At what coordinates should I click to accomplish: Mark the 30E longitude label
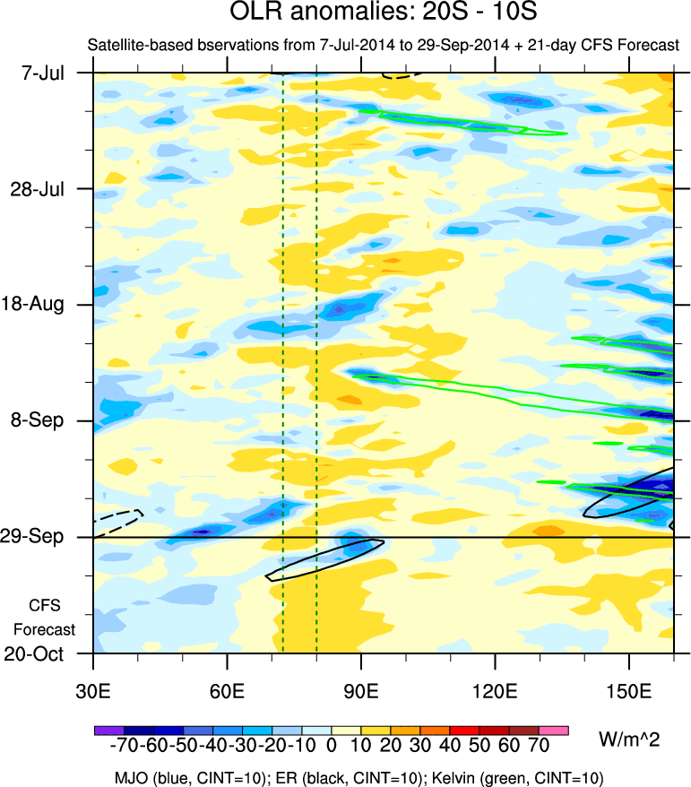[93, 690]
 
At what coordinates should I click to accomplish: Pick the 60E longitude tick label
[228, 690]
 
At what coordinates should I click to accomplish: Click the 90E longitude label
[361, 690]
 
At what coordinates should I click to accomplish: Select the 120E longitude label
[496, 690]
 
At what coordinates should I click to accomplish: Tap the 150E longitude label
[629, 690]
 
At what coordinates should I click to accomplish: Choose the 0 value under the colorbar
[332, 745]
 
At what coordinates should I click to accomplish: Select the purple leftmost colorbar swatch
[108, 731]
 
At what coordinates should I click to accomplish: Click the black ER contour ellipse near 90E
[325, 560]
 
